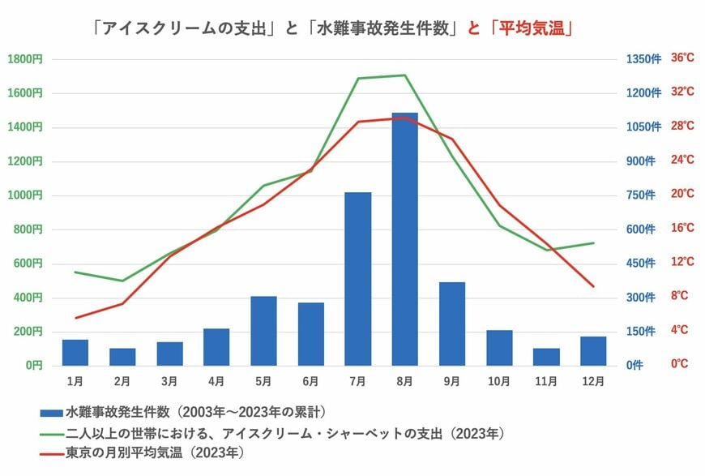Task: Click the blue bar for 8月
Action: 404,239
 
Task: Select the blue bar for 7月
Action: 357,279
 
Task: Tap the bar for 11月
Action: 546,357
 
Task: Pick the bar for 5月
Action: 263,331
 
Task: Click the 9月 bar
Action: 452,324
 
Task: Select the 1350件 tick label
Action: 643,58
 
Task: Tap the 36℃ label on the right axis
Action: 682,58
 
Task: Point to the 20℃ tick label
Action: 682,194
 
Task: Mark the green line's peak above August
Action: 404,75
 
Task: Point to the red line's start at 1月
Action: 75,318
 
